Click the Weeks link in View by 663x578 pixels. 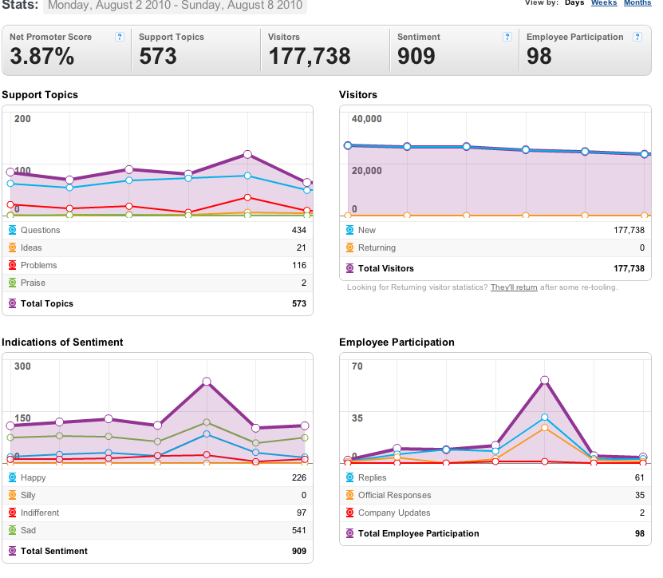[x=604, y=2]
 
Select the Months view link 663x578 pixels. [x=637, y=2]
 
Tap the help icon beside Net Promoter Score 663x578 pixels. [x=120, y=37]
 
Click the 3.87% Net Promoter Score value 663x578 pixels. [x=42, y=56]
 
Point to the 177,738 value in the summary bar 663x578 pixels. [x=310, y=56]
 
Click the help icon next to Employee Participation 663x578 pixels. [x=637, y=37]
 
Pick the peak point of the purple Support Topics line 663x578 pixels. [x=248, y=154]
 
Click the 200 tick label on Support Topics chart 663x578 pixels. [x=22, y=119]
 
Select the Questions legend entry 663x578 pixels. [x=41, y=230]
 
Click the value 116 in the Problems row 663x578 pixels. [x=299, y=265]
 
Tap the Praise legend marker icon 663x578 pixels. [x=13, y=283]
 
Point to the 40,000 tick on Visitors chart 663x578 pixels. [x=366, y=119]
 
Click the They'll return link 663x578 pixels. [x=514, y=287]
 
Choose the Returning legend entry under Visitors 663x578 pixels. [x=377, y=247]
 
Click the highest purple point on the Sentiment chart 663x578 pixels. [x=207, y=382]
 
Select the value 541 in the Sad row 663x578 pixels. [x=299, y=530]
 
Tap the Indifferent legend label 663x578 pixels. [x=40, y=513]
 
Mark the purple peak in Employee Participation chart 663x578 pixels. [x=545, y=380]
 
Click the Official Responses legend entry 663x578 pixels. [x=394, y=495]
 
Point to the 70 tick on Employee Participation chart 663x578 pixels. [x=357, y=366]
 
